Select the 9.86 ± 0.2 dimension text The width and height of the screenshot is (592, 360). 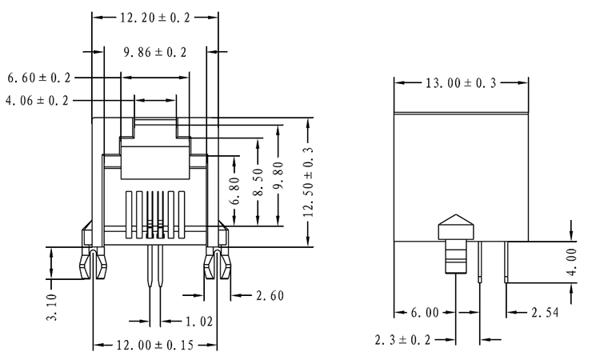coord(155,53)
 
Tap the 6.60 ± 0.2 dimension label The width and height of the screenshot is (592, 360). coord(39,78)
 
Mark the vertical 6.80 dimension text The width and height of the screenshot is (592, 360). coord(234,190)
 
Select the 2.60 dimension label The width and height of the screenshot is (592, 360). coord(267,296)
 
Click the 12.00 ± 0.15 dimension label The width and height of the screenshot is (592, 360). coord(154,346)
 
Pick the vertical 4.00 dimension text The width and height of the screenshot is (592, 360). coord(570,261)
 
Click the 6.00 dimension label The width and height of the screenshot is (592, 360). coord(425,312)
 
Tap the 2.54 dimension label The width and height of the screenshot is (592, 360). coord(546,312)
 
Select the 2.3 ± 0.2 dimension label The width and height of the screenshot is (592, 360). coord(405,341)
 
